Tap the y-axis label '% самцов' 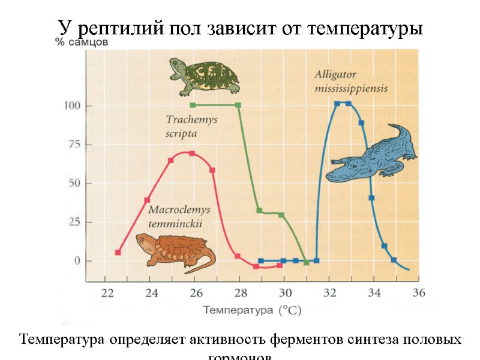tap(82, 43)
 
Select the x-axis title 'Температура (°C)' tap(252, 310)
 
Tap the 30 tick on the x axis tap(285, 293)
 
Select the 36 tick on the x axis tap(419, 293)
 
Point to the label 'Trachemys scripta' tap(191, 126)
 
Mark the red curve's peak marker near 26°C tap(192, 154)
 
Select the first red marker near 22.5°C tap(118, 253)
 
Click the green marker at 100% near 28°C tap(238, 105)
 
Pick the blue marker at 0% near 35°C tap(394, 260)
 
